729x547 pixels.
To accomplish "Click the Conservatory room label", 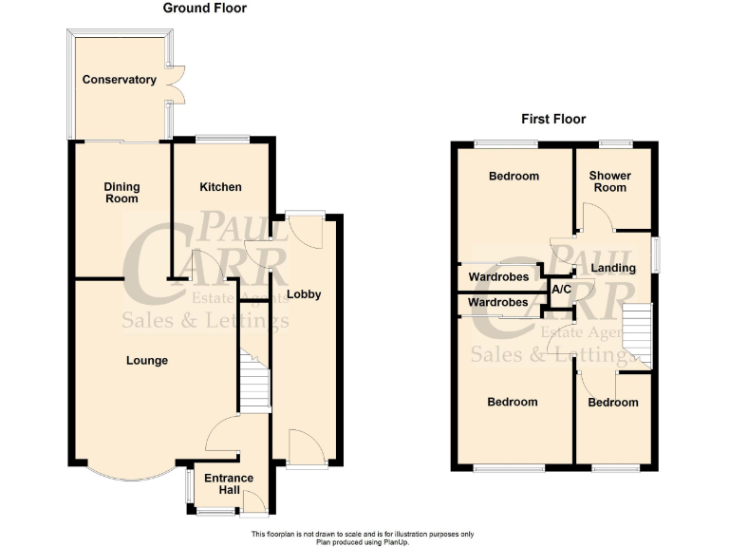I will coord(119,80).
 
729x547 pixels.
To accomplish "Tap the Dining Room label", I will coord(121,193).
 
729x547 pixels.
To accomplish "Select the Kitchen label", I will coord(220,187).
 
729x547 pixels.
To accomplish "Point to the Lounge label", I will coord(146,361).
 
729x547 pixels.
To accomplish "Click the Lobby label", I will coord(304,294).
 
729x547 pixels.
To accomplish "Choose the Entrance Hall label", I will coord(230,484).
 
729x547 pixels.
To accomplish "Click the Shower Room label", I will coord(609,181).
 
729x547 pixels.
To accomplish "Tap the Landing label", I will coord(613,269).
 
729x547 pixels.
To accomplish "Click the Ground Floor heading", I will coord(204,9).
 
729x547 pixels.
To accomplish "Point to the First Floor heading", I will coord(553,120).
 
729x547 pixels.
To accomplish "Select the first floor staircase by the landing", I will coord(638,334).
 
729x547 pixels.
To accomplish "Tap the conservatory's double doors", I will coord(175,84).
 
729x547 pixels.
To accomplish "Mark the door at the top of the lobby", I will coord(306,228).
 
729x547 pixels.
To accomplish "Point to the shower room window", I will coord(615,143).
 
